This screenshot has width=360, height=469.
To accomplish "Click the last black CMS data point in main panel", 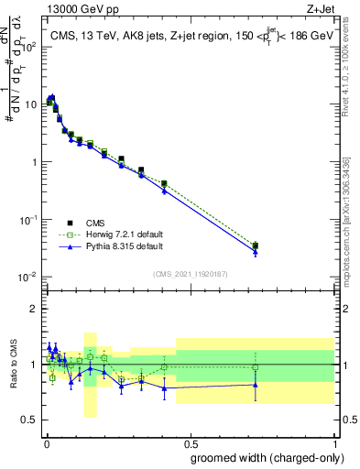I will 256,245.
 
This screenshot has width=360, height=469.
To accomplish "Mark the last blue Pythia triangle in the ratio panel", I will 256,384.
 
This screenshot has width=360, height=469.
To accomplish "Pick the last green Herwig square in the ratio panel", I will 256,367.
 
